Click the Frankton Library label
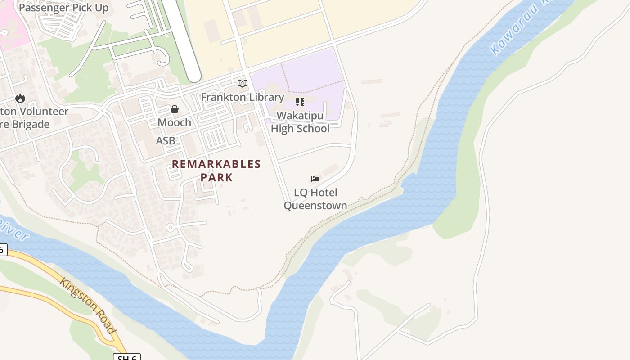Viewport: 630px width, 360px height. [243, 97]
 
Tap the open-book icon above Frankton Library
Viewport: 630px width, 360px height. [243, 83]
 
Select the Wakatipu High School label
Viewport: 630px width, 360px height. [300, 122]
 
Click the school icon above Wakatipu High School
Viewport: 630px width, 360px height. [300, 102]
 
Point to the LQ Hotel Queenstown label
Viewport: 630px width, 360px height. [315, 199]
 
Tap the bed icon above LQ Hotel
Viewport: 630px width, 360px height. [315, 179]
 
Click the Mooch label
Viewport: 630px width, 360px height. [174, 122]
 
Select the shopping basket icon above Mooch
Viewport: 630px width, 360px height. [175, 109]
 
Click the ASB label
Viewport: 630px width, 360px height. [166, 141]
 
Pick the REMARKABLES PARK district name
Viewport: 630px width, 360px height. [216, 171]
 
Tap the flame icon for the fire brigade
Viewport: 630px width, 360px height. [20, 98]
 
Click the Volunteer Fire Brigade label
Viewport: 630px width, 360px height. [34, 118]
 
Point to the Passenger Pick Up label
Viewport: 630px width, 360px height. [63, 8]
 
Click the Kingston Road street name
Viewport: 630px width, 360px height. [88, 306]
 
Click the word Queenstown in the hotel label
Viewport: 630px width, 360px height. [315, 206]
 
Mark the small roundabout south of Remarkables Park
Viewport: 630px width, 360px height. [170, 228]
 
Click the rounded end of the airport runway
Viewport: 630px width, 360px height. [193, 76]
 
